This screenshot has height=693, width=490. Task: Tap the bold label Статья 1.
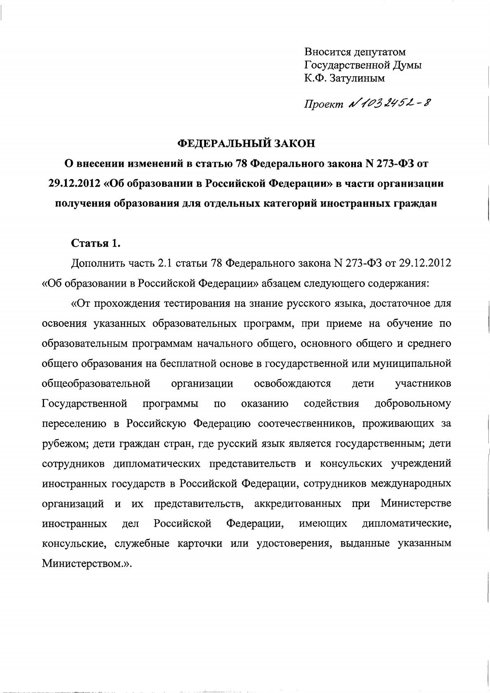[x=95, y=243]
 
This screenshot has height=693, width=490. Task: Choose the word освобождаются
[x=293, y=384]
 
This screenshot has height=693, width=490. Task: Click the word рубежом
[x=63, y=444]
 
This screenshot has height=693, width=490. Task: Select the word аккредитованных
[x=297, y=504]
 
